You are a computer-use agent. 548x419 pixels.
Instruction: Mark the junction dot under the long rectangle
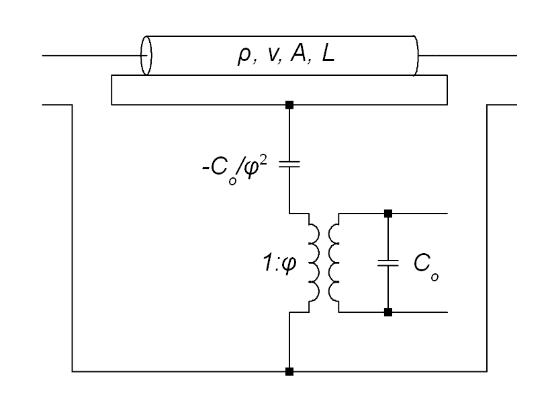pyautogui.click(x=289, y=105)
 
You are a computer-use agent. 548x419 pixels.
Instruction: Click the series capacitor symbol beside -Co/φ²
pyautogui.click(x=289, y=163)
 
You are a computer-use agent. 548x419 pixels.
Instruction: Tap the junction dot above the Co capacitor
pyautogui.click(x=388, y=214)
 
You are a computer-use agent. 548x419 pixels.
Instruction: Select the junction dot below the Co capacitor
pyautogui.click(x=388, y=312)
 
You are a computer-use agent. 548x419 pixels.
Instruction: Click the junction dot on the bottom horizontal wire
pyautogui.click(x=289, y=371)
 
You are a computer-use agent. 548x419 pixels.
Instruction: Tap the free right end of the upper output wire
pyautogui.click(x=446, y=214)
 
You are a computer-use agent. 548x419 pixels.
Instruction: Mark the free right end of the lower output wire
pyautogui.click(x=446, y=312)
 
